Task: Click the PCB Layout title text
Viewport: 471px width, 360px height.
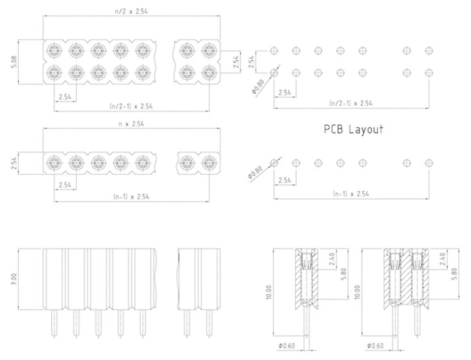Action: (x=353, y=129)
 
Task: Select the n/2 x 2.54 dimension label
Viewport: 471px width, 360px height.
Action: (x=131, y=10)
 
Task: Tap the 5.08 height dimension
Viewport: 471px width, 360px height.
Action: (x=14, y=62)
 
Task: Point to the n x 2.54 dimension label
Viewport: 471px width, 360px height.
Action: (x=131, y=124)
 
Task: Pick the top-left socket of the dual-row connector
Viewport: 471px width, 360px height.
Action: (x=55, y=50)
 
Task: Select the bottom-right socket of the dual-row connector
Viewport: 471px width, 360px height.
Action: (x=209, y=72)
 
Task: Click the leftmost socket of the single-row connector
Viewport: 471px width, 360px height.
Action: (x=55, y=163)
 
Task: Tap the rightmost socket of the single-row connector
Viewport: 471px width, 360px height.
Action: (x=209, y=163)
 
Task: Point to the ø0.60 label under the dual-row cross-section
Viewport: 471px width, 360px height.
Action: (x=375, y=346)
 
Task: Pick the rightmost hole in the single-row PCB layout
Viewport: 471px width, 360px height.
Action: (x=429, y=163)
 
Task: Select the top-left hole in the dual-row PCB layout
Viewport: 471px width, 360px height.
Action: (x=274, y=50)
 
